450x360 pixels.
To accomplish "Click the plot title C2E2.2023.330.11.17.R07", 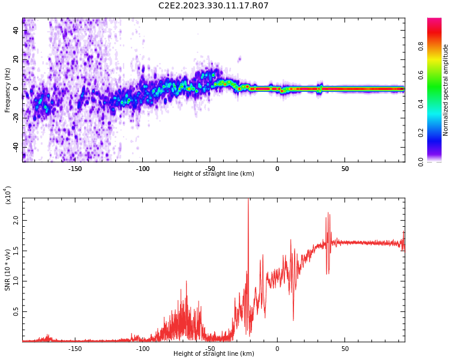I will click(214, 5).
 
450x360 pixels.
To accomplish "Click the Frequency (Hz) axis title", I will click(8, 90).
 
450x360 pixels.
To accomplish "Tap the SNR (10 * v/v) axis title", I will click(8, 270).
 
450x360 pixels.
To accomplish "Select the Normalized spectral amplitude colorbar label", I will click(446, 90).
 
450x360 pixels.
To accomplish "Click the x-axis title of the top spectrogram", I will click(214, 174).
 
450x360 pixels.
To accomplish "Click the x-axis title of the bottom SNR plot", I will click(214, 354).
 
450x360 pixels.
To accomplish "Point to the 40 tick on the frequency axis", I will click(16, 30).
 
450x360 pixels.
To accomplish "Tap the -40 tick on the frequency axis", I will click(16, 147).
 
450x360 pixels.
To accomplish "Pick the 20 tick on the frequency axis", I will click(16, 59).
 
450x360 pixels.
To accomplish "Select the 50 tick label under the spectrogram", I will click(345, 169).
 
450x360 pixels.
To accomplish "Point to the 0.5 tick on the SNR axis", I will click(16, 311).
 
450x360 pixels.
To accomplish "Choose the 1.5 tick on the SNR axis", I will click(16, 251).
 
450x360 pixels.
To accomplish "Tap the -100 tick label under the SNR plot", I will click(142, 349).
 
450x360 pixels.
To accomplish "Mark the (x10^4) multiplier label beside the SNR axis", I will click(8, 195).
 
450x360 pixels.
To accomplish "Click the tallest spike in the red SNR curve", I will click(248, 201).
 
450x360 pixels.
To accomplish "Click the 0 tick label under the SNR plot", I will click(277, 349).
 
